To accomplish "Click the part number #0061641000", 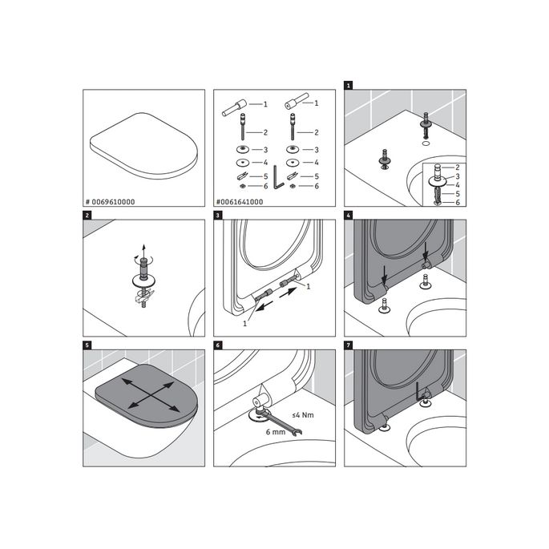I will (241, 201).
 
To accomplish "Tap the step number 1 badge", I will (349, 84).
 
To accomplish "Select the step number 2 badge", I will (87, 215).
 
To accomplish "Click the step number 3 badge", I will (218, 215).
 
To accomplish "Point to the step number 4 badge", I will (349, 215).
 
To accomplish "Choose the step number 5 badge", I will (87, 345).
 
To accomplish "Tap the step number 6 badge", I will (218, 345).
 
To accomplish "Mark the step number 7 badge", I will (349, 345).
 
